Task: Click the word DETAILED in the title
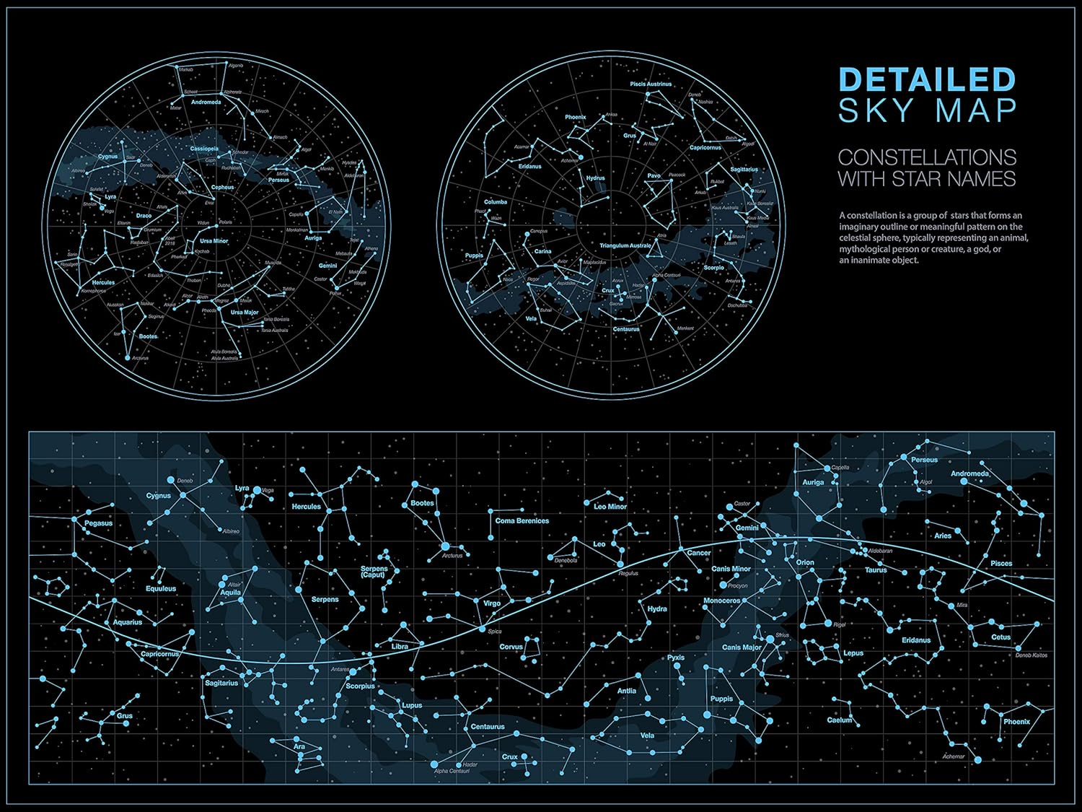tap(927, 79)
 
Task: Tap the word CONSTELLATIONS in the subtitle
tap(927, 157)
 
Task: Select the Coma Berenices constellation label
tap(522, 520)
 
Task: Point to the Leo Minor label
tap(610, 507)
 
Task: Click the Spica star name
tap(494, 632)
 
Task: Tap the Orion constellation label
tap(805, 562)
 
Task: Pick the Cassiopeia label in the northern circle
tap(204, 149)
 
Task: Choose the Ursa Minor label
tap(214, 241)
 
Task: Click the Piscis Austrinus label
tap(651, 84)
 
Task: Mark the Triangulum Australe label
tap(625, 246)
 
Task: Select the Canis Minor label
tap(731, 569)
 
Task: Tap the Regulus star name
tap(628, 574)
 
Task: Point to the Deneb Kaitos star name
tap(1031, 655)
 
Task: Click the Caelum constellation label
tap(839, 720)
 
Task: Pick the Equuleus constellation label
tap(161, 588)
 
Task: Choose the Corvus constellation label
tap(511, 647)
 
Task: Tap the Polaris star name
tap(226, 222)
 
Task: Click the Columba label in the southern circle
tap(496, 202)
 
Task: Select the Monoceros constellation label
tap(721, 601)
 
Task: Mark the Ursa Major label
tap(245, 313)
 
